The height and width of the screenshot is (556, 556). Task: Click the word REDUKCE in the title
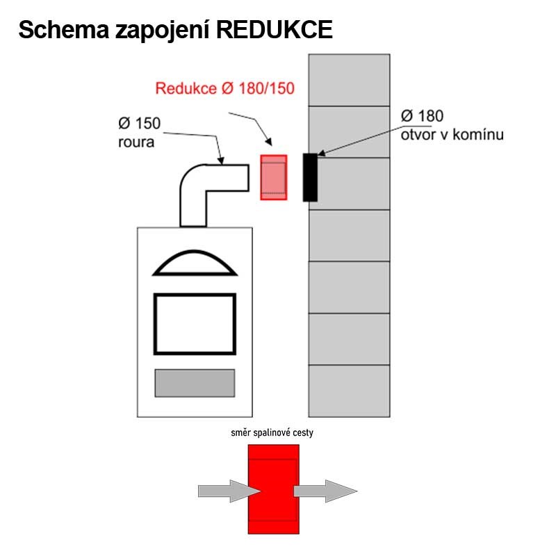tap(275, 30)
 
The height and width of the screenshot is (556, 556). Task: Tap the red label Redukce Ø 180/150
tap(224, 88)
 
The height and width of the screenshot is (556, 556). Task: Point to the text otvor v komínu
tap(452, 133)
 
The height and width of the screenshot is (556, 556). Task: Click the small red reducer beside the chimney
tap(274, 177)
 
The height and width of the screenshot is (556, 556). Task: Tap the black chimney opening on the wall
tap(310, 177)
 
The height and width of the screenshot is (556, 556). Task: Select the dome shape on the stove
tap(194, 263)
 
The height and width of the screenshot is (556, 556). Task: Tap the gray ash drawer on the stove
tap(194, 383)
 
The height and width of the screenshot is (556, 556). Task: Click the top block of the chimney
tap(349, 80)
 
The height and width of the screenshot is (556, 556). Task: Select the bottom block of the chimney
tap(349, 391)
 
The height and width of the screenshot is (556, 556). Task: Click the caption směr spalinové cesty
tap(273, 433)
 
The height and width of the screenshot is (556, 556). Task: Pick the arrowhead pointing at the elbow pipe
tap(220, 161)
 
